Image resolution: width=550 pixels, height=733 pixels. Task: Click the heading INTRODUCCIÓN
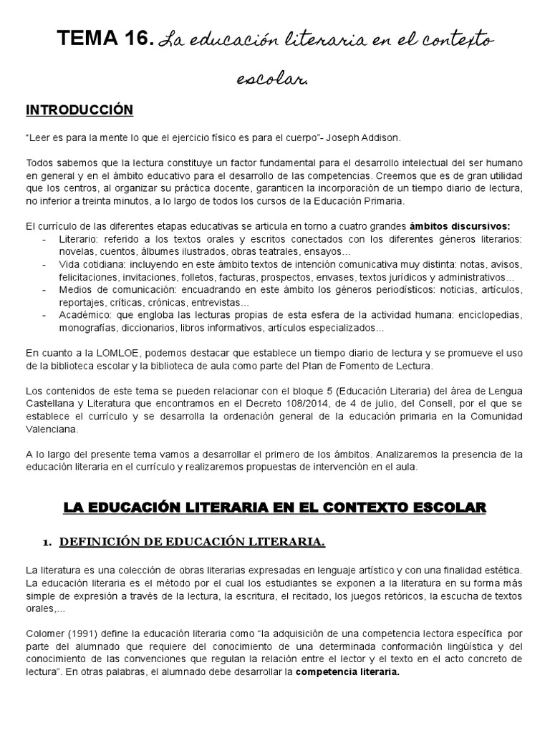(x=79, y=110)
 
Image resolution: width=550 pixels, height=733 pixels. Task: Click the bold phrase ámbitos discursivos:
(x=469, y=225)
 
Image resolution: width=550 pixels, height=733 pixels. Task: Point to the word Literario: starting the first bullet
(x=81, y=238)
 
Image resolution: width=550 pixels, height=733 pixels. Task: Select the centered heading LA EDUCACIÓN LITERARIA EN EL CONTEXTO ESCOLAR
(x=275, y=508)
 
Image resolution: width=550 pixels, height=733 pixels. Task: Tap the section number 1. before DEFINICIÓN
(x=49, y=543)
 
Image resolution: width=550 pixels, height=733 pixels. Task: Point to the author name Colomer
(x=44, y=634)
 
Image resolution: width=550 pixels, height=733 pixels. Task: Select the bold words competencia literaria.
(x=347, y=672)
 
